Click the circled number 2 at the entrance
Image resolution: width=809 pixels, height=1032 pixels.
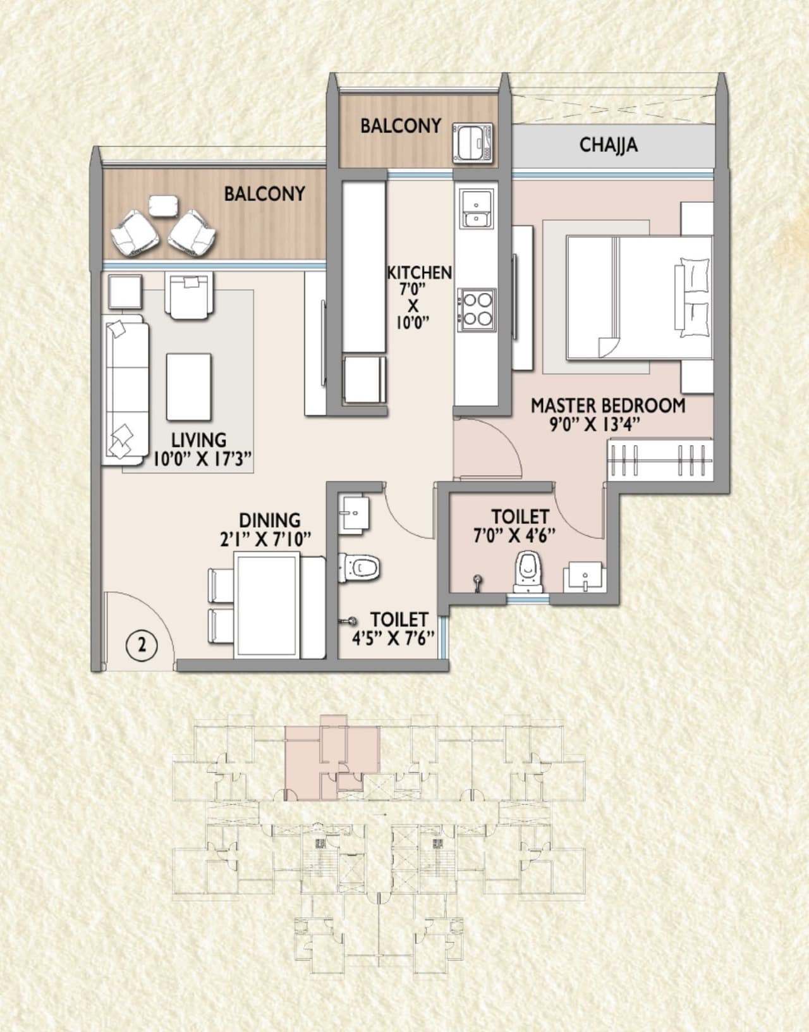tap(142, 646)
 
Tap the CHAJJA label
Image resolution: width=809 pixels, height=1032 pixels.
tap(608, 145)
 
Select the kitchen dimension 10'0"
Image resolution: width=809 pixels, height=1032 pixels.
tap(413, 322)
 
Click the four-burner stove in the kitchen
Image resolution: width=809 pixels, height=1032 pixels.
tap(477, 309)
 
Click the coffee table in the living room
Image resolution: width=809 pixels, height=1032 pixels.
tap(188, 386)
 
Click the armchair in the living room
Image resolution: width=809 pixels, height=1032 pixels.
tap(189, 295)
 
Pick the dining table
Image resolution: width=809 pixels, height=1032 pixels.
tap(267, 605)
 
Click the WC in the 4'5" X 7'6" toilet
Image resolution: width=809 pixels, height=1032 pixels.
tap(362, 568)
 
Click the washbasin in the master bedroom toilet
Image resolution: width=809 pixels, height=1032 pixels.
tap(585, 577)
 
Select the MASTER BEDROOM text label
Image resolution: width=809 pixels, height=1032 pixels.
tap(607, 405)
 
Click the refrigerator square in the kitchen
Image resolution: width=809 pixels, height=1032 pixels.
tap(364, 379)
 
